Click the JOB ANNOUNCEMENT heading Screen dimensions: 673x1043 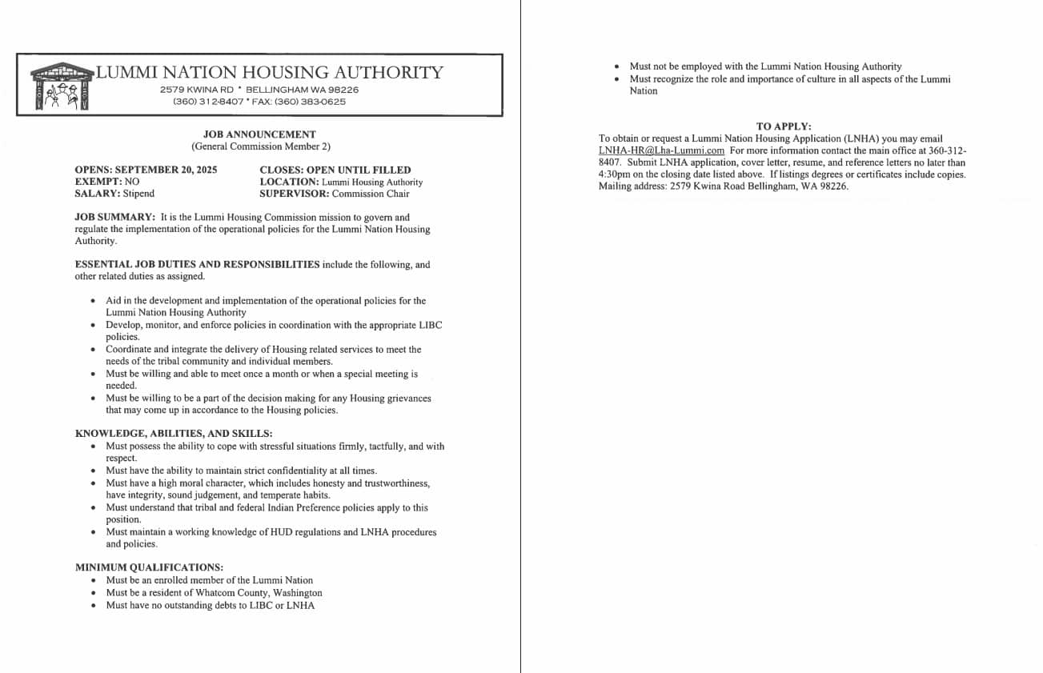pyautogui.click(x=259, y=134)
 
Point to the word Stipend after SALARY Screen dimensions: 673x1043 pyautogui.click(x=138, y=194)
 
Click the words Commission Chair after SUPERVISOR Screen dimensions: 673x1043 pyautogui.click(x=370, y=194)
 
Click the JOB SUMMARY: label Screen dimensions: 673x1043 pyautogui.click(x=114, y=217)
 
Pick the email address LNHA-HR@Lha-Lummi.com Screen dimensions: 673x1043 pyautogui.click(x=661, y=150)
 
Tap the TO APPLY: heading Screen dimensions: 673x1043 pyautogui.click(x=783, y=126)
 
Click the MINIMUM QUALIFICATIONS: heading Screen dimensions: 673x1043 pyautogui.click(x=149, y=567)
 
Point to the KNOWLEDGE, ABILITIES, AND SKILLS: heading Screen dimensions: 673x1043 pyautogui.click(x=174, y=434)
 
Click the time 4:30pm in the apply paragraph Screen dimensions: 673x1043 pyautogui.click(x=614, y=174)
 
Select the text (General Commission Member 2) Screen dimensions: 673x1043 pyautogui.click(x=260, y=146)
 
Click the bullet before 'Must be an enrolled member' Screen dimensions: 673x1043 pyautogui.click(x=94, y=581)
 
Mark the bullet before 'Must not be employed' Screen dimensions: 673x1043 pyautogui.click(x=616, y=67)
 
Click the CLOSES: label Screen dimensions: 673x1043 pyautogui.click(x=279, y=170)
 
